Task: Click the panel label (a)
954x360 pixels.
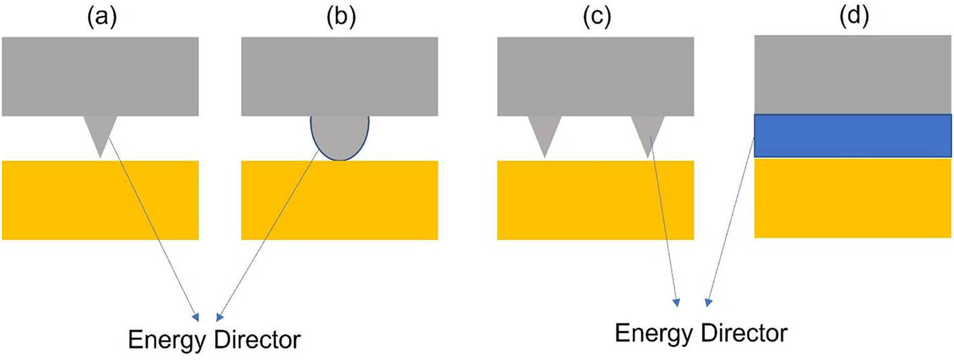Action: (102, 18)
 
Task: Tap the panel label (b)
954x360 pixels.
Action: (341, 18)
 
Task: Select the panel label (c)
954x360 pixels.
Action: (596, 18)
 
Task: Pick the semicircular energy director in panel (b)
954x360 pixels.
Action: (340, 137)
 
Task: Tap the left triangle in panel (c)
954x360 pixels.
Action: (545, 132)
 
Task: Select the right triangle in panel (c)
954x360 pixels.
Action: (648, 132)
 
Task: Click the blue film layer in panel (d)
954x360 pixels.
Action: (853, 135)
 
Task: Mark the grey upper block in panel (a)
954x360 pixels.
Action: (100, 76)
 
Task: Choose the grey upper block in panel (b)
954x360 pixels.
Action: (340, 76)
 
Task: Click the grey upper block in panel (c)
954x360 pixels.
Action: (595, 76)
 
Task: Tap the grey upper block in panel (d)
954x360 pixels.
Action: (853, 74)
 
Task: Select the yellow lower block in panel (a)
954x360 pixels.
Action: (100, 200)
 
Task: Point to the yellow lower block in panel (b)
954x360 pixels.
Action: (340, 200)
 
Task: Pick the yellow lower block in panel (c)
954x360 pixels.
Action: (595, 200)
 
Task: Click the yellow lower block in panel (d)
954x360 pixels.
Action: (853, 198)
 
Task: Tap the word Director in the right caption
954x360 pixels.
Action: (744, 333)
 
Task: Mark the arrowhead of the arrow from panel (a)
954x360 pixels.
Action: (196, 317)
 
